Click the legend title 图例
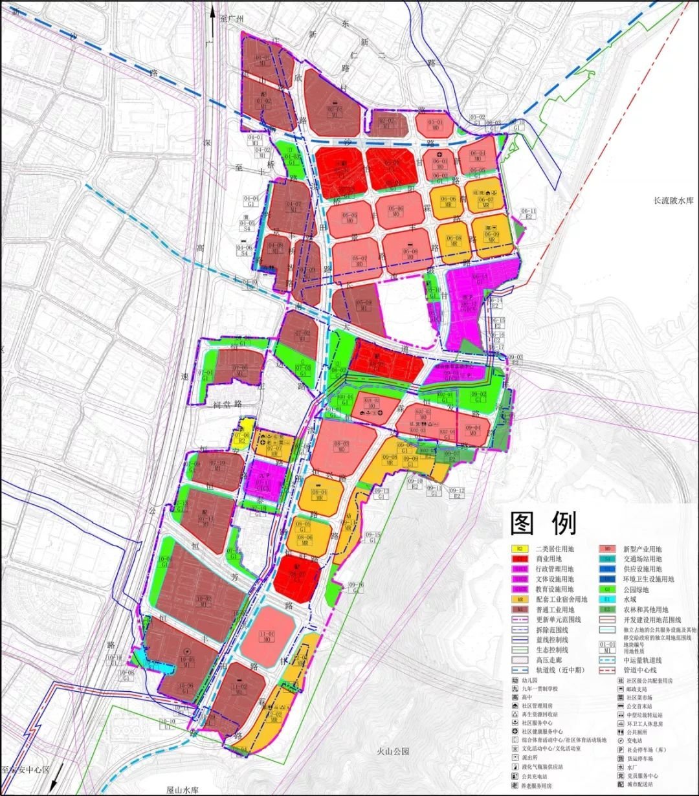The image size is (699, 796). point(543,524)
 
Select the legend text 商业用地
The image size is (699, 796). point(548,559)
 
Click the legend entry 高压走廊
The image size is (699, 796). point(551,659)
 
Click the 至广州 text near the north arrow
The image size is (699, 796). point(231,19)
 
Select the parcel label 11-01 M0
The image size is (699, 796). point(267,637)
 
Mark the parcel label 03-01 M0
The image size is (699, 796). point(436,124)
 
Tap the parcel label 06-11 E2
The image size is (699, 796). point(529,214)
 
